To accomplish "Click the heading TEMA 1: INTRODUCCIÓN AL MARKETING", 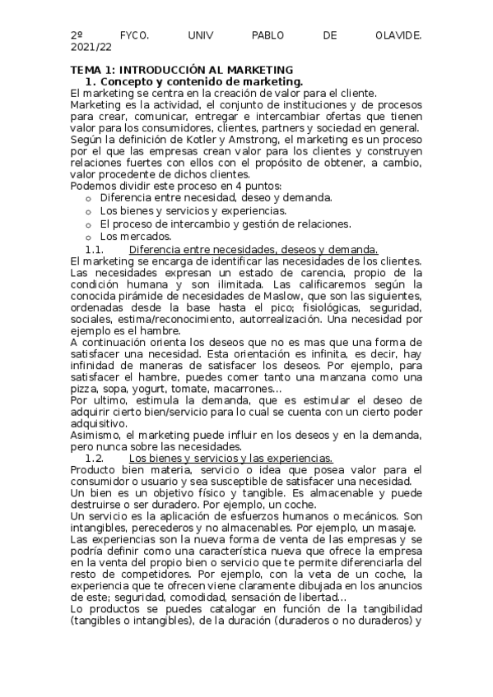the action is coord(181,71).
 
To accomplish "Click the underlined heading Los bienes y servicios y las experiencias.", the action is coord(230,458).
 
